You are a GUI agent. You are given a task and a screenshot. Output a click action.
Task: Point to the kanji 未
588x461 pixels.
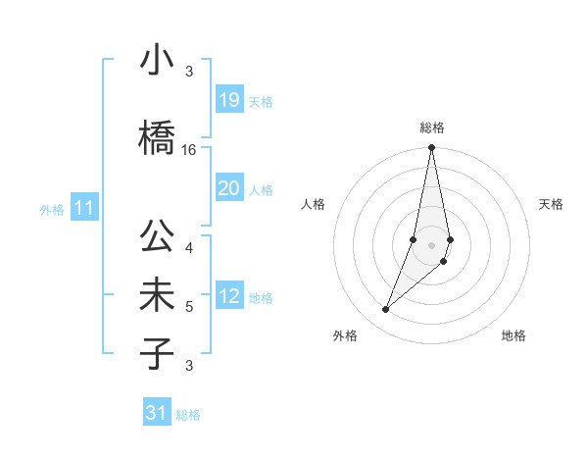157,297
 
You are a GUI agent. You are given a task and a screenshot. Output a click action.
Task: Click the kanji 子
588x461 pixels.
157,354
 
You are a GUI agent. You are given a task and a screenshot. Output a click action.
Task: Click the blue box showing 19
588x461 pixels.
229,100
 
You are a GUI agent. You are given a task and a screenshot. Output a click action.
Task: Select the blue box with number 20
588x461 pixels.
229,188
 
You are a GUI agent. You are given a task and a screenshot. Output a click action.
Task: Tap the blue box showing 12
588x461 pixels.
229,296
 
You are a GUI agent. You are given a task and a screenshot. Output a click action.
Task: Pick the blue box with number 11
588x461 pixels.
84,208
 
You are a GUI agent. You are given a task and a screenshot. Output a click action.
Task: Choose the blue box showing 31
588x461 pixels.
157,413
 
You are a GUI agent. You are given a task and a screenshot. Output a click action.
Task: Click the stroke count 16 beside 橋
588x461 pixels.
189,150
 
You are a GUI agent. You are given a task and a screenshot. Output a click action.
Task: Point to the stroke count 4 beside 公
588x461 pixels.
189,247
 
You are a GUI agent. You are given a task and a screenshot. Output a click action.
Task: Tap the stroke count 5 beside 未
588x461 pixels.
189,307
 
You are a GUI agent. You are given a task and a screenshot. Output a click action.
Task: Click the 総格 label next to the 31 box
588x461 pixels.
188,415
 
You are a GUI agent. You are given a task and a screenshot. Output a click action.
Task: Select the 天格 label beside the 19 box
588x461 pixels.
261,102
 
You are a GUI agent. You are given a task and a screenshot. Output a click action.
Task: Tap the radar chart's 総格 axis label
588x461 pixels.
431,128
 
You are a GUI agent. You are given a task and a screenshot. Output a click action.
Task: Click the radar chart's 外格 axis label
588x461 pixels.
345,335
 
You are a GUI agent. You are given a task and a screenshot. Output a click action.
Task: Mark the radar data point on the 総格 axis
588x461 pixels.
431,148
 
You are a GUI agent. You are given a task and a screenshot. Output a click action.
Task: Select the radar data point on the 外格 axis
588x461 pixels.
386,310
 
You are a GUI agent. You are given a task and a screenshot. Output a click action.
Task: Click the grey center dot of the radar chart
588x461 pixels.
431,244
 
